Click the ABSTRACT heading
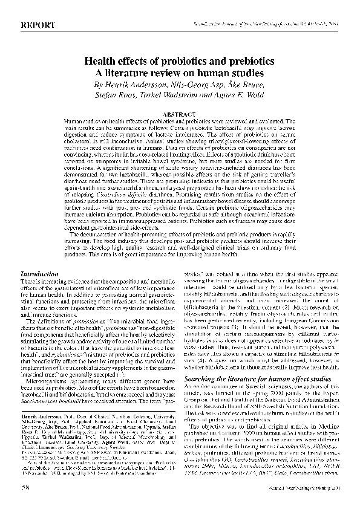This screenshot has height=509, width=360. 180,113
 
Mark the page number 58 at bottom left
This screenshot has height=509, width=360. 25,484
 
